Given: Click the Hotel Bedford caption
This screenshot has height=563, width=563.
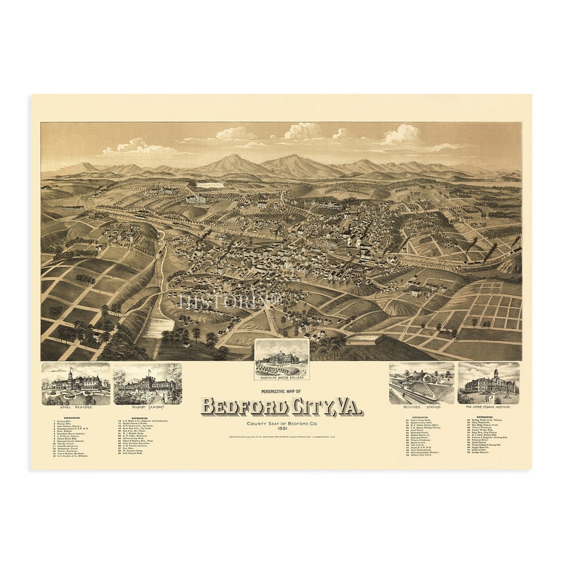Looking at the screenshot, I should (76, 409).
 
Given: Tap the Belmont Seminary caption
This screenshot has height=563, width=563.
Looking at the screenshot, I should (147, 409).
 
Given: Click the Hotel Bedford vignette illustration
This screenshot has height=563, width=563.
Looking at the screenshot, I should (76, 384).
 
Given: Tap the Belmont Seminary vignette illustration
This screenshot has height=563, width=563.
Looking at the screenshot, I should (147, 384).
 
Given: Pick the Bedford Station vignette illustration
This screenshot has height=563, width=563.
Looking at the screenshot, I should (421, 384).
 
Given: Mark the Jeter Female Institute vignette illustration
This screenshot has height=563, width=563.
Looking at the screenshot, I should (489, 384).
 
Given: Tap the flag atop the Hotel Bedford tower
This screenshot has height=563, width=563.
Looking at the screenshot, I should (70, 368).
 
